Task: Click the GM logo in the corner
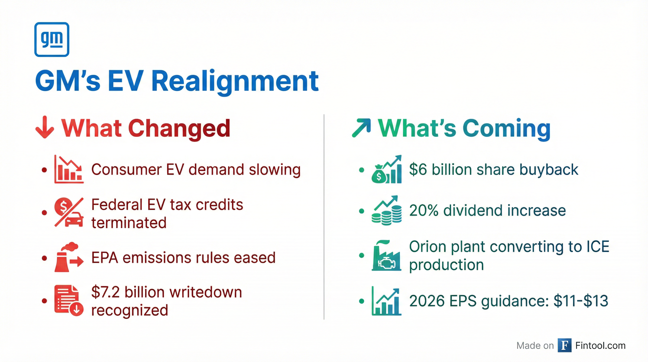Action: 52,40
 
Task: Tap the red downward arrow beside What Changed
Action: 45,127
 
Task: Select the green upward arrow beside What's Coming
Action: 361,128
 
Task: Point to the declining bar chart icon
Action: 69,169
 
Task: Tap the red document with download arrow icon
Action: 69,300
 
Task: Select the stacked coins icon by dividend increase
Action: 386,210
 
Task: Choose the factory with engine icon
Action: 386,255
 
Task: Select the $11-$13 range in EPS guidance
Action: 581,301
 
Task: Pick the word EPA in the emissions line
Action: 105,258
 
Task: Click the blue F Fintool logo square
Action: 564,346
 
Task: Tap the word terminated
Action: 129,223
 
